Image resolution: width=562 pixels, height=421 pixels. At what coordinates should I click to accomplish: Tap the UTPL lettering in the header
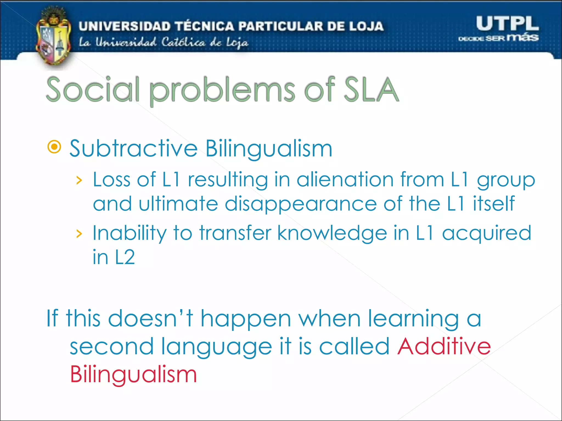pos(507,24)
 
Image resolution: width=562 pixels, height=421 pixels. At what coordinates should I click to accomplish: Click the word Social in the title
pos(93,89)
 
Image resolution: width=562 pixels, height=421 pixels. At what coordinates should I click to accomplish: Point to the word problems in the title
pos(222,90)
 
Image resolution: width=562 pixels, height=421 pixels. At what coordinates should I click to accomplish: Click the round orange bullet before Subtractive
pos(54,147)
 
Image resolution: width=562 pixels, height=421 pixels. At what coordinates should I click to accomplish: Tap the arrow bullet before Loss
pos(79,180)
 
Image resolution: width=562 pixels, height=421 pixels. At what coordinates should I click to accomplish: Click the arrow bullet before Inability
pos(79,234)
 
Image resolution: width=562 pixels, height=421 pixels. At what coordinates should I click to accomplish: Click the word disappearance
pos(301,204)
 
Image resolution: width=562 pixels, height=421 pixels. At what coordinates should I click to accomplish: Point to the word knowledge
pos(332,233)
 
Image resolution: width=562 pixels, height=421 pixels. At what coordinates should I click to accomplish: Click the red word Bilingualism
pos(134,374)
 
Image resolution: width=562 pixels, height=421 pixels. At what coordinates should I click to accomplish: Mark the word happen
pos(246,319)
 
